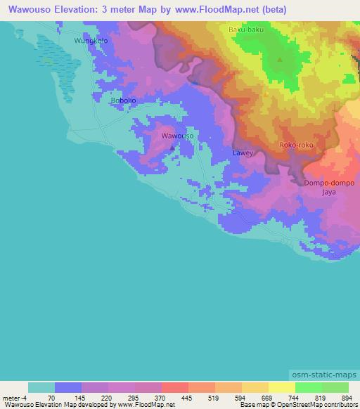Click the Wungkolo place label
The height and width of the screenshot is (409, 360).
coord(91,41)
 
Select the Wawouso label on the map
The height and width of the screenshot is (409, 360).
coord(177,136)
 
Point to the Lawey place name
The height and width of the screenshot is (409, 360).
coord(243,152)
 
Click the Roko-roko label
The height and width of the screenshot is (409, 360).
coord(296,145)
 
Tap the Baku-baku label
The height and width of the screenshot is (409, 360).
coord(245,30)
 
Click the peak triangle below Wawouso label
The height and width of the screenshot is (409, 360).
coord(173,148)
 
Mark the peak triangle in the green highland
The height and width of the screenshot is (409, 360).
coord(280,60)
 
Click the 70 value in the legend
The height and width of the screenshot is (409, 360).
coord(51,398)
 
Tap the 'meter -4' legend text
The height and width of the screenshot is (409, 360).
coord(15,398)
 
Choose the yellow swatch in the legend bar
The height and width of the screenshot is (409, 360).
coord(281,387)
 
